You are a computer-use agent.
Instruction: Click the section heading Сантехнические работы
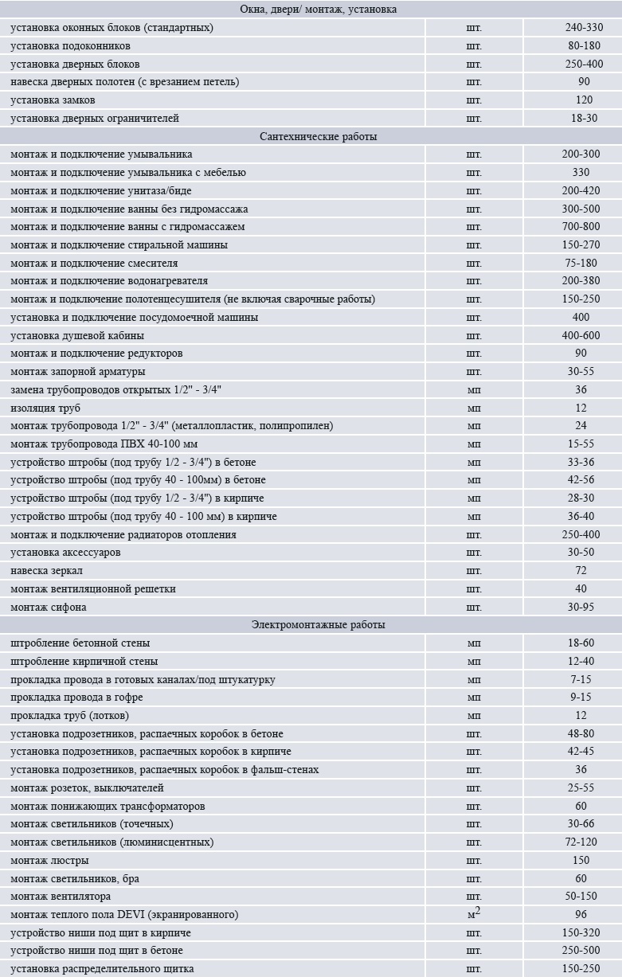318,136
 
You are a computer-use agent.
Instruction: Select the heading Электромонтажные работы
318,625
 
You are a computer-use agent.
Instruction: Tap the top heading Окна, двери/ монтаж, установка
318,10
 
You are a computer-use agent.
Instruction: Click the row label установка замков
53,100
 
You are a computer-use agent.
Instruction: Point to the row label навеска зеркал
46,571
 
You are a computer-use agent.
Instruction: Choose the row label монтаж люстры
49,861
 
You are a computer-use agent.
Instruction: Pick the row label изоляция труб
45,408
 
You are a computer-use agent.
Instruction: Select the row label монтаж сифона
49,608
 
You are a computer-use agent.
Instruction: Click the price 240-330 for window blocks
584,28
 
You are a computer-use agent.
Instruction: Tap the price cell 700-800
581,227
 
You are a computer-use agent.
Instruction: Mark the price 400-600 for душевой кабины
581,336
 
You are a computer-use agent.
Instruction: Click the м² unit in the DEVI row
474,914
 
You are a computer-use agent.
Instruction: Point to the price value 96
581,915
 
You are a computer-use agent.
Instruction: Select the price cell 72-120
581,842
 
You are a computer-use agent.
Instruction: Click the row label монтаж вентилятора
61,897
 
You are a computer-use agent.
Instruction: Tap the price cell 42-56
581,480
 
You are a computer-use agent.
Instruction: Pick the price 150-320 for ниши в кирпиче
581,933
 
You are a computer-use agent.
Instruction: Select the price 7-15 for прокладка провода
581,680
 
